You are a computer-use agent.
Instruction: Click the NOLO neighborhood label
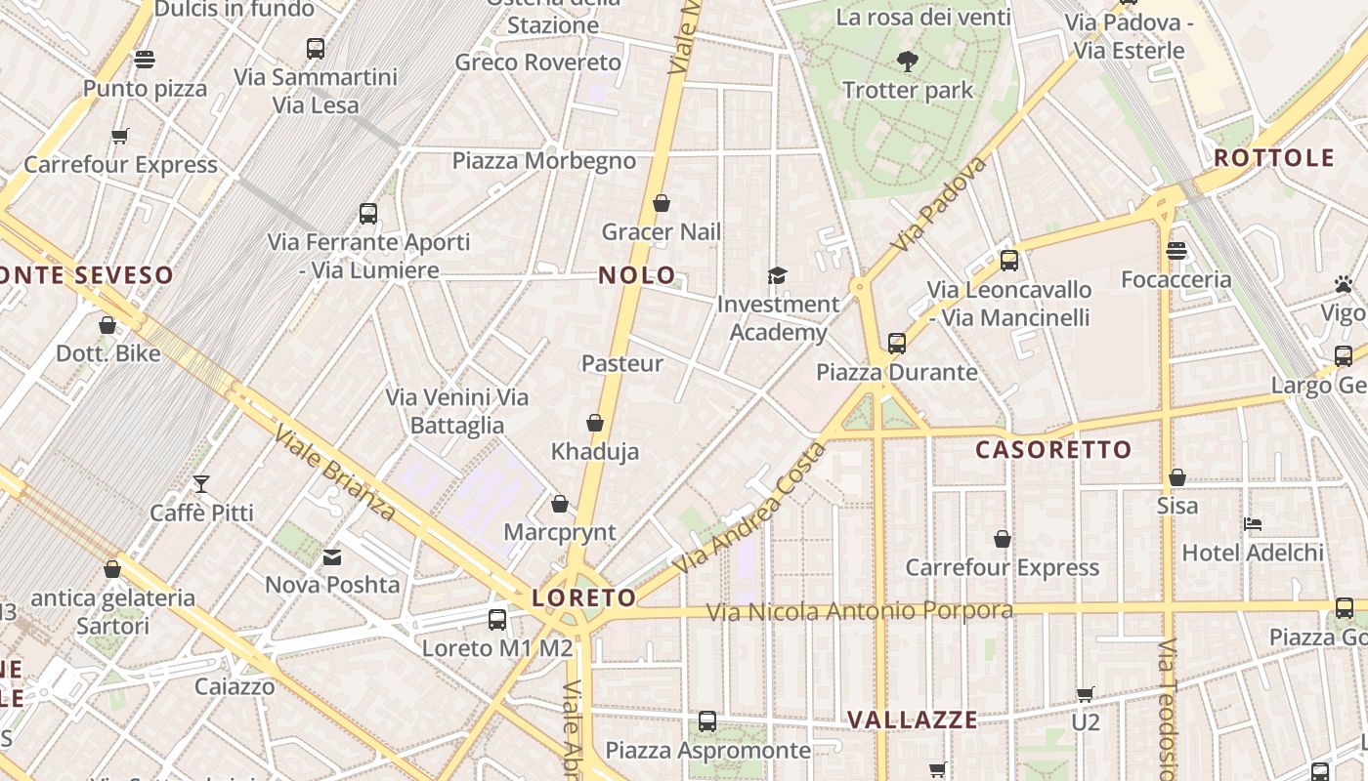point(637,275)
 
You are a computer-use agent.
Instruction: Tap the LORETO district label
point(584,597)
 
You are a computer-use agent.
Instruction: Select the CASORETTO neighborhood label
point(1053,450)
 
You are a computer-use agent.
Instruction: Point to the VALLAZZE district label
point(912,720)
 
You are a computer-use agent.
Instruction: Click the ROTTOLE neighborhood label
point(1273,158)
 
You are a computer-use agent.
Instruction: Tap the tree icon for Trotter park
point(908,62)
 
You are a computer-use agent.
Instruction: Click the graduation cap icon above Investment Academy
point(777,276)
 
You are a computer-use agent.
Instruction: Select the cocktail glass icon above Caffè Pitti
point(201,483)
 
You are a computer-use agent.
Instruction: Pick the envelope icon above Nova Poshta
point(332,557)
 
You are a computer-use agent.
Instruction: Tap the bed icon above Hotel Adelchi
point(1253,524)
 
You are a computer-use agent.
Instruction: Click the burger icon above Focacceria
point(1176,251)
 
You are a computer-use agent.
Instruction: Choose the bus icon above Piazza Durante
point(897,344)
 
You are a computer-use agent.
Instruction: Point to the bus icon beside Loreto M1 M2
point(497,619)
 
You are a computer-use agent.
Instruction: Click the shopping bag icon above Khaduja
point(594,423)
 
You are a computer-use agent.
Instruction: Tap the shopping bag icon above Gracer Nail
point(662,203)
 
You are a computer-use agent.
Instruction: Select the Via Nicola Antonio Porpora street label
point(859,611)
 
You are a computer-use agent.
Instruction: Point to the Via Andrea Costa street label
point(748,509)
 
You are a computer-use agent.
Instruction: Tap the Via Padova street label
point(939,204)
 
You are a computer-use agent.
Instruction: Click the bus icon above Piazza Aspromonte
point(707,721)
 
